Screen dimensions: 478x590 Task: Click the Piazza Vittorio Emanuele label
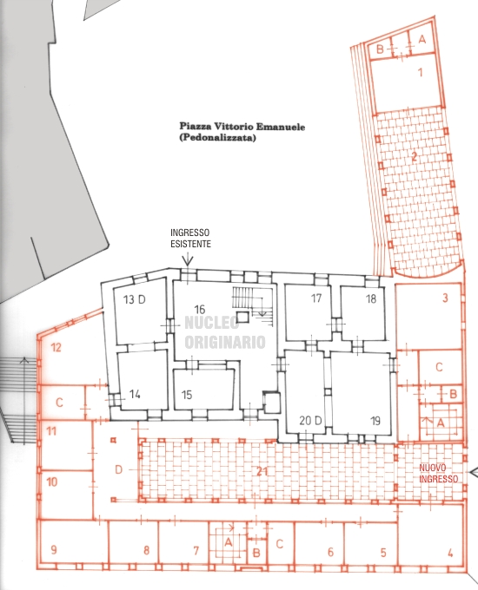pyautogui.click(x=242, y=126)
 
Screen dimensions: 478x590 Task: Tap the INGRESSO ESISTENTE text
pyautogui.click(x=190, y=239)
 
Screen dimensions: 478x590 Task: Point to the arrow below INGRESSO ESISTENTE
pyautogui.click(x=188, y=259)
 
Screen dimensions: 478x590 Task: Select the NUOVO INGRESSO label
pyautogui.click(x=439, y=474)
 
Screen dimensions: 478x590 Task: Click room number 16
pyautogui.click(x=200, y=309)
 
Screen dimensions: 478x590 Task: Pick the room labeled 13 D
pyautogui.click(x=134, y=299)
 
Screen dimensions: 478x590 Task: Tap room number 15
pyautogui.click(x=187, y=395)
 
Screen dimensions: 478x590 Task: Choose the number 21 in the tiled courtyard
pyautogui.click(x=262, y=471)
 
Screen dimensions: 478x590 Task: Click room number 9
pyautogui.click(x=54, y=550)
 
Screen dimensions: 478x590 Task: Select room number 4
pyautogui.click(x=450, y=554)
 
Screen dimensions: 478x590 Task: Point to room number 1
pyautogui.click(x=421, y=72)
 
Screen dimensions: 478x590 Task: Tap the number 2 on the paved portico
pyautogui.click(x=414, y=156)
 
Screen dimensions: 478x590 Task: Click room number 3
pyautogui.click(x=445, y=298)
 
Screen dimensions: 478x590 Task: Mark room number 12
pyautogui.click(x=56, y=347)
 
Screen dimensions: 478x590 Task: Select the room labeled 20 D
pyautogui.click(x=310, y=420)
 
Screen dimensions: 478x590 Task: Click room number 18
pyautogui.click(x=371, y=298)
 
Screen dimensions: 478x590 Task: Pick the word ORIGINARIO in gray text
pyautogui.click(x=225, y=342)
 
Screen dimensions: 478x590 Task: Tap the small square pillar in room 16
pyautogui.click(x=242, y=317)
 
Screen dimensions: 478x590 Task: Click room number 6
pyautogui.click(x=330, y=552)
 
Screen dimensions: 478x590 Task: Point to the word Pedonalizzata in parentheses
pyautogui.click(x=217, y=138)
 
